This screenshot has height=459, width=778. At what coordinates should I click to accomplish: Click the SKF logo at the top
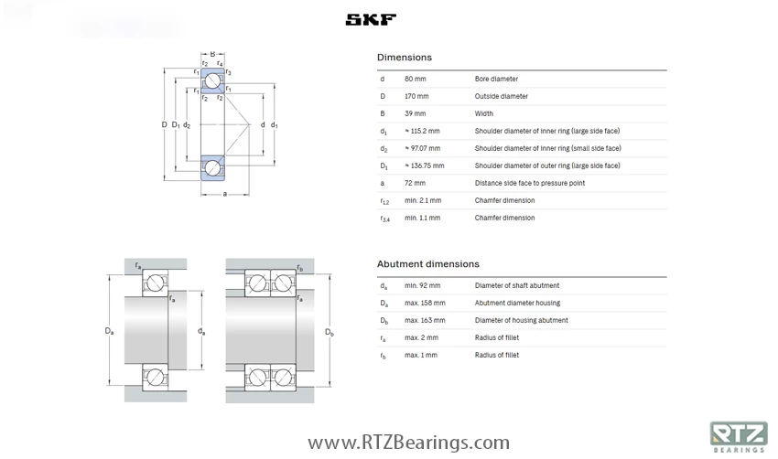coord(371,19)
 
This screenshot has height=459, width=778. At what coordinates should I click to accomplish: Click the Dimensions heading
coord(404,58)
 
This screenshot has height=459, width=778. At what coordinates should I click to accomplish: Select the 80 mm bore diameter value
coord(416,79)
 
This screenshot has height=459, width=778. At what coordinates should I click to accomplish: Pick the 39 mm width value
coord(415,113)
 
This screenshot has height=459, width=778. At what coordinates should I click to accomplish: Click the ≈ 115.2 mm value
coord(422,131)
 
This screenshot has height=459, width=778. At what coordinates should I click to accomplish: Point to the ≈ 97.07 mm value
coord(422,148)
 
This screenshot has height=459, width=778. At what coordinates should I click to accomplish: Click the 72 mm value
coord(415,183)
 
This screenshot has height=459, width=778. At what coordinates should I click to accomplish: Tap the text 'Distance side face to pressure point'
coord(529,183)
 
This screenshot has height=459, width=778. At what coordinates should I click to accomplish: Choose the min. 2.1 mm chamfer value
coord(423,200)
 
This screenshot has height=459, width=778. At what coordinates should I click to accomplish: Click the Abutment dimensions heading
coord(427,264)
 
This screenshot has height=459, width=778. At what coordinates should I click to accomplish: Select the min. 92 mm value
coord(421,285)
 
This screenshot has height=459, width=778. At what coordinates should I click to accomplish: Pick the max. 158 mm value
coord(425,303)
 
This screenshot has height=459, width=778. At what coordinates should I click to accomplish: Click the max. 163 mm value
coord(425,320)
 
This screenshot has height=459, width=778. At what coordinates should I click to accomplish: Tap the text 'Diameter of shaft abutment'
coord(516,285)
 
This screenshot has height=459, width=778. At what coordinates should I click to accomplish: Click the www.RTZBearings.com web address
coord(408,443)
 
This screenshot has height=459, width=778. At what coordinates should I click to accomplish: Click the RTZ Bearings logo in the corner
coord(738,436)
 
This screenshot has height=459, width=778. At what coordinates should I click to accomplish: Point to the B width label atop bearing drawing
coord(212,54)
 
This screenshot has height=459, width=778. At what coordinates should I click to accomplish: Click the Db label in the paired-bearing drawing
coord(330,333)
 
